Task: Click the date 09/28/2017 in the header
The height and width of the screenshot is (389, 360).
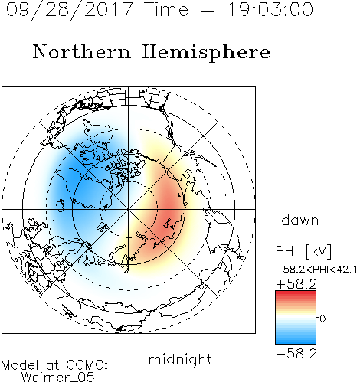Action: (x=69, y=10)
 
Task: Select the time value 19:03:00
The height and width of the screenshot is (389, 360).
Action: (x=270, y=9)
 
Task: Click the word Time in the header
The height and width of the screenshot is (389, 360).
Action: (x=166, y=9)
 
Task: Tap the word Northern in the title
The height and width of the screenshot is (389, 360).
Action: (x=82, y=51)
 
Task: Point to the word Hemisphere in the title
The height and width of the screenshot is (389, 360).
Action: (x=206, y=52)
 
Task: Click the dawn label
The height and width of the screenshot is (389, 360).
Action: (x=300, y=220)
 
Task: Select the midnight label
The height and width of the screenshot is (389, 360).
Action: (x=180, y=359)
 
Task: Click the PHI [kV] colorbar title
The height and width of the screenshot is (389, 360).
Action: (x=304, y=251)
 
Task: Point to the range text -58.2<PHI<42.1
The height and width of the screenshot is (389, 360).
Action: (x=316, y=270)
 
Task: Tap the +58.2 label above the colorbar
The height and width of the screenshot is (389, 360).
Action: (x=296, y=284)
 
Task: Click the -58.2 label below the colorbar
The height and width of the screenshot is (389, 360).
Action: (x=296, y=354)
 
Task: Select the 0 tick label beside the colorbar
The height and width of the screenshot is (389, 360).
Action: (x=322, y=319)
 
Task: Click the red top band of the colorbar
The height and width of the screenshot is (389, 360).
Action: (x=296, y=294)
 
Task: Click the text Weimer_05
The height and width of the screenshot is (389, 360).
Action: (x=58, y=378)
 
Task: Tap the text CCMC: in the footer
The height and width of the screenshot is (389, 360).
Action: (x=87, y=365)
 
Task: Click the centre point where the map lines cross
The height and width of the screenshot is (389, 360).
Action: (x=129, y=209)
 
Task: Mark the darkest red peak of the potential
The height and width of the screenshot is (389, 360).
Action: (x=170, y=208)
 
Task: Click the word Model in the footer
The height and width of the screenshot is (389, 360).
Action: (x=20, y=365)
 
